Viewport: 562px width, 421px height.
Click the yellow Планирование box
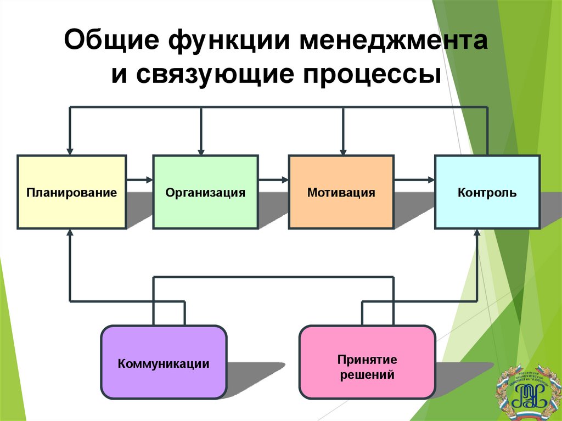tap(72, 192)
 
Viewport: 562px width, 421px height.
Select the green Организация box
tap(205, 192)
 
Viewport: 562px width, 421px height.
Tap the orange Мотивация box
tap(341, 192)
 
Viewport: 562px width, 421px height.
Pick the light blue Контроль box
tap(487, 192)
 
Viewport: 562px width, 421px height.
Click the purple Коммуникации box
tap(164, 362)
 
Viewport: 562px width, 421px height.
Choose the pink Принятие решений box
tap(367, 362)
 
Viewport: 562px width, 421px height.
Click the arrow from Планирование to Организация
tap(140, 179)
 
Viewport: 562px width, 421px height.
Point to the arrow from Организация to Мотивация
tap(273, 179)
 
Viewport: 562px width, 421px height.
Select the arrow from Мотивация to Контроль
tap(414, 179)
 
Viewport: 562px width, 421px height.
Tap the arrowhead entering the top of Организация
tap(201, 149)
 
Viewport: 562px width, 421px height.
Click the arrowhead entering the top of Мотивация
tap(344, 149)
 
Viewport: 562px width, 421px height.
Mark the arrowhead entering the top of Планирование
tap(70, 149)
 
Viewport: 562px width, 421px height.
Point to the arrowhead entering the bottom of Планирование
tap(70, 234)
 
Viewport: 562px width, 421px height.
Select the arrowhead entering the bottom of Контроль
tap(477, 234)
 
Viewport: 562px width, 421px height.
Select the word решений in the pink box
tap(367, 376)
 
